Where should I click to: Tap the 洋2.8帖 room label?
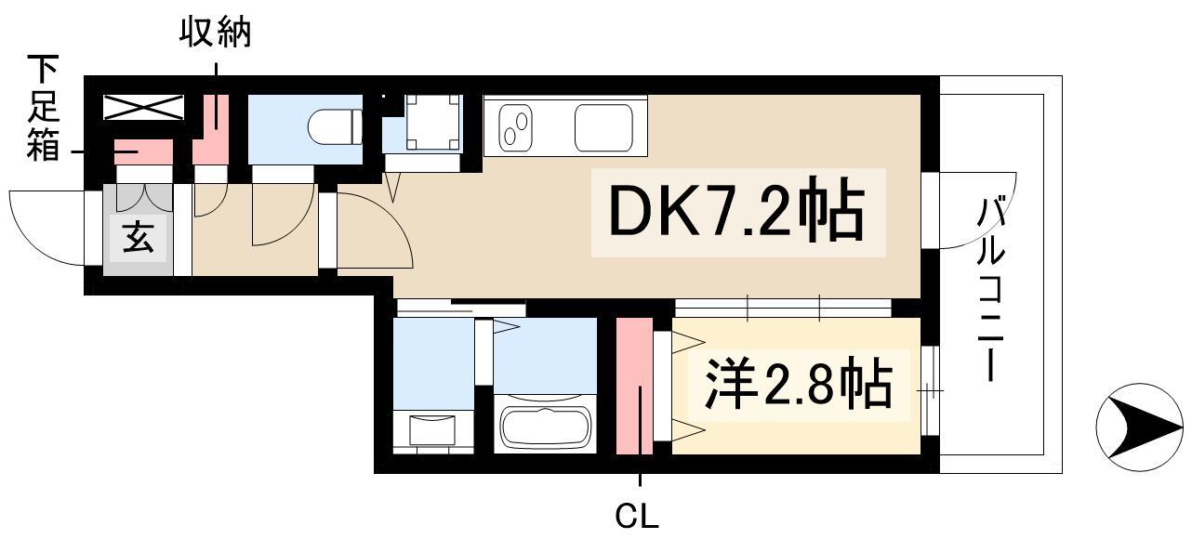tap(798, 384)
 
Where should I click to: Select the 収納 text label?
tap(215, 34)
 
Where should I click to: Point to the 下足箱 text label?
tap(42, 108)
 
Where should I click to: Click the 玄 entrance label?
tap(138, 239)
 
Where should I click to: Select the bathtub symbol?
tap(546, 426)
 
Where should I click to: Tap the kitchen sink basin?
tap(603, 127)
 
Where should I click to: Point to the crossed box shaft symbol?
tap(143, 107)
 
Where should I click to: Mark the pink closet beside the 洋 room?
tap(634, 386)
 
